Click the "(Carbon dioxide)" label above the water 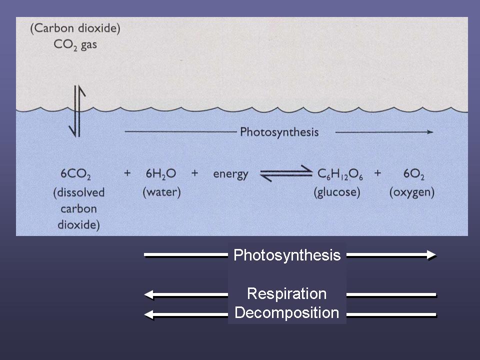75,28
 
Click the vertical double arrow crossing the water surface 76,111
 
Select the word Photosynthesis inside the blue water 279,132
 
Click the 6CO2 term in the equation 76,174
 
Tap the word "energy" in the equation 230,174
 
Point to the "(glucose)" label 336,192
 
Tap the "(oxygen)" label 411,192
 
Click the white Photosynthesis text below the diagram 287,255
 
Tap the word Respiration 286,293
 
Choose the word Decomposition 286,313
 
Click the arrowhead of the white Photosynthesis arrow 431,255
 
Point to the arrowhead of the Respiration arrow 148,294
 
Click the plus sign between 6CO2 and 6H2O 127,174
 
